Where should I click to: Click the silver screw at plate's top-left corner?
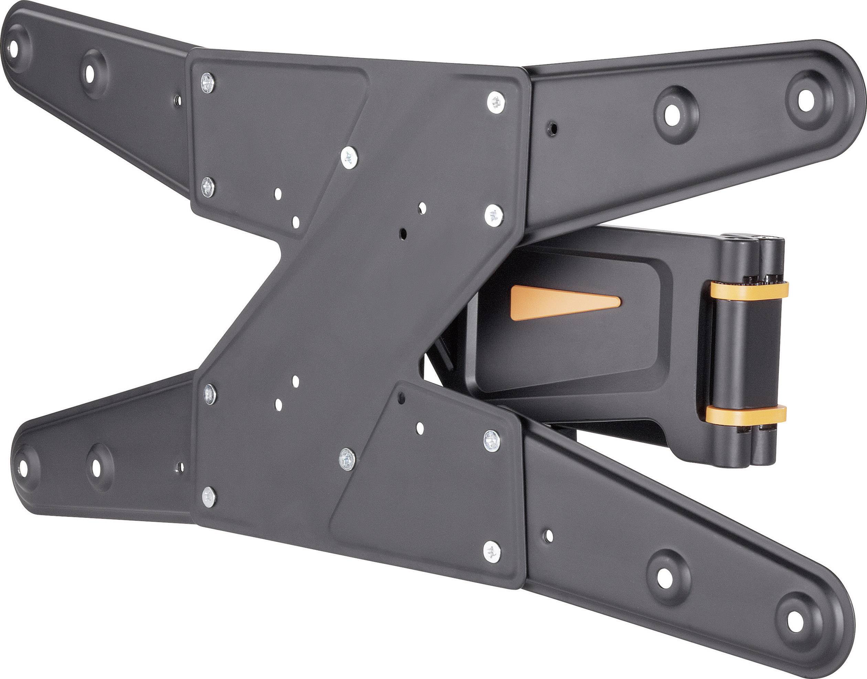(x=207, y=83)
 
